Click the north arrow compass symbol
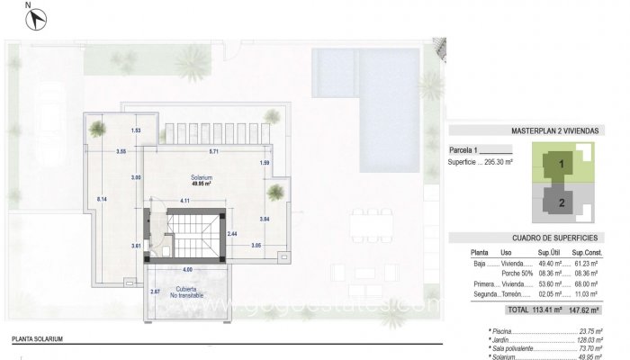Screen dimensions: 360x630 tap(36, 15)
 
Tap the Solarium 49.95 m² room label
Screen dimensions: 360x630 tap(201, 179)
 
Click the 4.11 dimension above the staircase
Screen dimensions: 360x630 tap(184, 200)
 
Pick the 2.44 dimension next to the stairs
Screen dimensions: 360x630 tap(232, 233)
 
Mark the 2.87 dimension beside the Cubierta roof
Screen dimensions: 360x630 tap(155, 292)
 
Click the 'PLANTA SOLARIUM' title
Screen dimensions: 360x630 tap(38, 340)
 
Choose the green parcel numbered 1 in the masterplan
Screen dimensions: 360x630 tap(561, 165)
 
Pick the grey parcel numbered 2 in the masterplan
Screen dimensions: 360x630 tap(561, 203)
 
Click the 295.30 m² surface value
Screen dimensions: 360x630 tap(499, 163)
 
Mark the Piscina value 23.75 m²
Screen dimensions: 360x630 tap(590, 330)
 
